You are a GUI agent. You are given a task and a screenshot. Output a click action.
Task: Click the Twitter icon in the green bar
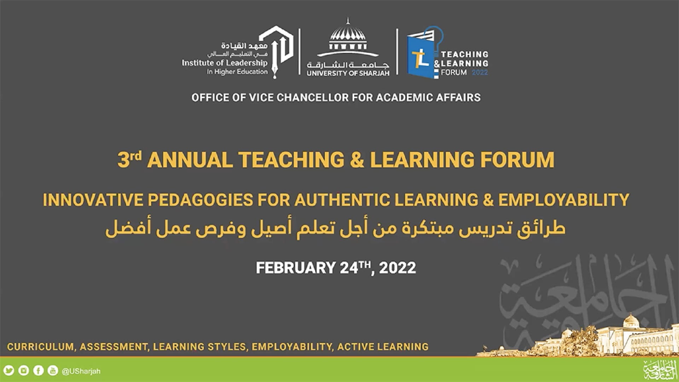[x=9, y=371]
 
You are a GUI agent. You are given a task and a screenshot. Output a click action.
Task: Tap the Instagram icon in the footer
[x=24, y=371]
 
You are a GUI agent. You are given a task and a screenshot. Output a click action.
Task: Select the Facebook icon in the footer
[x=38, y=371]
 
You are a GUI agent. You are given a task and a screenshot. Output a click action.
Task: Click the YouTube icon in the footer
[x=53, y=371]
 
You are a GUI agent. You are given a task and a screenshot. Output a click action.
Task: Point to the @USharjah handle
[x=81, y=371]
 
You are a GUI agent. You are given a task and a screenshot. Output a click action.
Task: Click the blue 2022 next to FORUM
[x=480, y=73]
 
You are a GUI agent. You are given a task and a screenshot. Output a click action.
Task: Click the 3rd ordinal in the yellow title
[x=129, y=159]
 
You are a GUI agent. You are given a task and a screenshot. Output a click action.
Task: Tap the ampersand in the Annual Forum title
[x=357, y=160]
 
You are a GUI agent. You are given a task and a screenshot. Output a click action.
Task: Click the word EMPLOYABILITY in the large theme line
[x=564, y=200]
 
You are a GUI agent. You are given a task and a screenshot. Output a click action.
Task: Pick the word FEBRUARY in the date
[x=296, y=268]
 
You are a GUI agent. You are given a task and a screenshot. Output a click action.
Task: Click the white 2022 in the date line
[x=397, y=268]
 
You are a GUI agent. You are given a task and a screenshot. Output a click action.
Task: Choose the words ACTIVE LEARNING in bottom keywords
[x=383, y=347]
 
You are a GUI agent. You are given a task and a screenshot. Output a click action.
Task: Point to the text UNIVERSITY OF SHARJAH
[x=348, y=73]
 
